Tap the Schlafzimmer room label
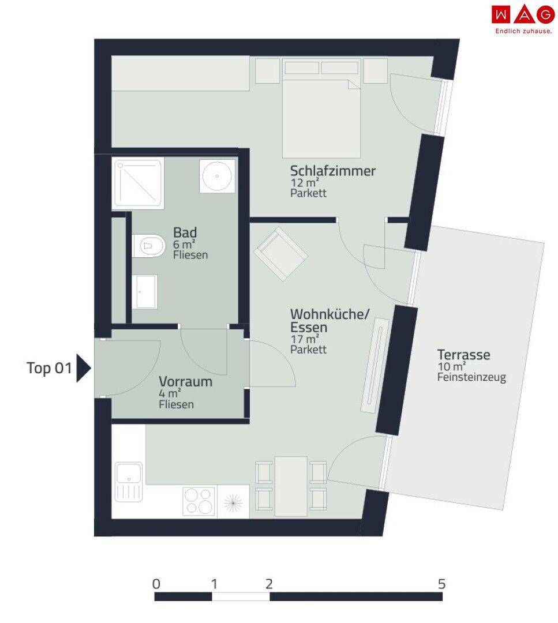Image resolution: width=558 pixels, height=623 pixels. tap(332, 171)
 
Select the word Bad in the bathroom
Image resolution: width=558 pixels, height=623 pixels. tap(185, 232)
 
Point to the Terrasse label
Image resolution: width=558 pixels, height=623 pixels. tap(463, 354)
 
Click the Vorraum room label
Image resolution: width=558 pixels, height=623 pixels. tap(186, 381)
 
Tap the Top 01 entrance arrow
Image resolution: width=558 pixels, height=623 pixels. tap(84, 368)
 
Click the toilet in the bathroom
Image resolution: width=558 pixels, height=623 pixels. tap(148, 246)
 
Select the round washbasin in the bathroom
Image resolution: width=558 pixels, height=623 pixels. tap(217, 176)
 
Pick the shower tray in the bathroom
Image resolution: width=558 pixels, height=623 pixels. tap(138, 183)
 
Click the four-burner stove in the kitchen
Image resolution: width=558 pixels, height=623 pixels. tap(199, 501)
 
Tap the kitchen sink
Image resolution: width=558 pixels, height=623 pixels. tap(128, 482)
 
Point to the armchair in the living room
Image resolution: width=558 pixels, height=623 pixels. tap(280, 254)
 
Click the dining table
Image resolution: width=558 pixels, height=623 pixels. tap(291, 486)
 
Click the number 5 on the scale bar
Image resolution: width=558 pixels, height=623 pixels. tap(441, 584)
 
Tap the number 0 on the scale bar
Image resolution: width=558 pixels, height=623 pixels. tap(156, 584)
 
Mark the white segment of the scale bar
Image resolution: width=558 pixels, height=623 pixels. tap(241, 596)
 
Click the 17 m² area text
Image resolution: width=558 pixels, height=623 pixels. tap(305, 339)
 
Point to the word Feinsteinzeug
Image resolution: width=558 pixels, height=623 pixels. tap(471, 377)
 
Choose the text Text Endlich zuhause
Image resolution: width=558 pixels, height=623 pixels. tap(523, 31)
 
